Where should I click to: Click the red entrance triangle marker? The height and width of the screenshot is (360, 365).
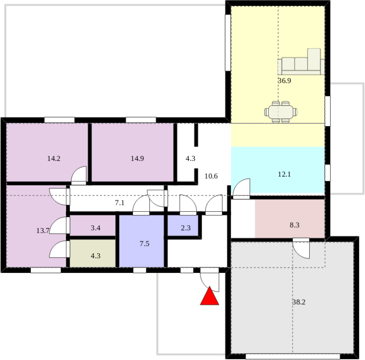point(209,297)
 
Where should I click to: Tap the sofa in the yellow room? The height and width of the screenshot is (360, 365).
point(301,62)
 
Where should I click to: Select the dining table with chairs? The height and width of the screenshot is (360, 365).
point(281,112)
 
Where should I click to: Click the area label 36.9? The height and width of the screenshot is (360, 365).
point(284,81)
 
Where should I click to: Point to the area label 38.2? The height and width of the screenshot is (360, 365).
point(299,302)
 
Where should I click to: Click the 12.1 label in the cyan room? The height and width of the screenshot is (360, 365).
point(284,174)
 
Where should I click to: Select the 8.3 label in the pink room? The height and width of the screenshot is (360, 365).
point(295,225)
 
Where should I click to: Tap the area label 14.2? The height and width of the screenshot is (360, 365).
point(54,159)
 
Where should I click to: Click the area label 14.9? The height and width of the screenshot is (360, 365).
point(138,159)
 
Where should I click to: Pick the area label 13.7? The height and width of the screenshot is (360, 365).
point(43,231)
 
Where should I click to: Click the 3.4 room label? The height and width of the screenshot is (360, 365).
point(95,228)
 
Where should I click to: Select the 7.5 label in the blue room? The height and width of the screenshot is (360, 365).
point(144,244)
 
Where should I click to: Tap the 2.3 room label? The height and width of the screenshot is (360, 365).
point(186,228)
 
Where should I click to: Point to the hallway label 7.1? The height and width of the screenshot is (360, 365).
point(120,203)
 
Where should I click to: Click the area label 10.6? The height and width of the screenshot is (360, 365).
point(211,176)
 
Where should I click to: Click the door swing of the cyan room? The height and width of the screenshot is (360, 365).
point(242,189)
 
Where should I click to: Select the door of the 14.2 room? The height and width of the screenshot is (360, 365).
point(79,175)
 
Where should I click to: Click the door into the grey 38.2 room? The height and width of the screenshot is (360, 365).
point(301,248)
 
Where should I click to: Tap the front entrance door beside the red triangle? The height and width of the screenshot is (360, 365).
point(209,280)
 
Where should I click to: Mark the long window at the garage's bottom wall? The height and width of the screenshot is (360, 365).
point(293,356)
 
